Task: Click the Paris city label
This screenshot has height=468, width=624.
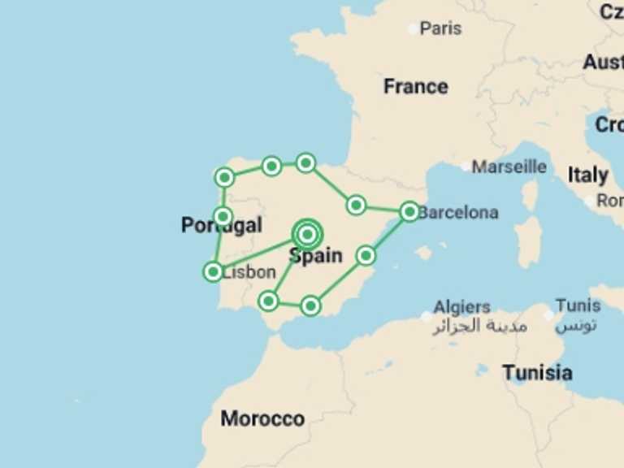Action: click(x=440, y=28)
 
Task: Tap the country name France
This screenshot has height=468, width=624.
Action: click(x=415, y=86)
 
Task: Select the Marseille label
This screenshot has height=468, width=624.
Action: click(x=509, y=167)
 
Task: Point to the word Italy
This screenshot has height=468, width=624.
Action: click(x=587, y=175)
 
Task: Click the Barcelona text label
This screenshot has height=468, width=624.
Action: click(x=458, y=213)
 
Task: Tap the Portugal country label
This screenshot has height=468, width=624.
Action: click(x=221, y=225)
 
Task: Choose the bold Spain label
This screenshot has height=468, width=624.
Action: click(x=315, y=256)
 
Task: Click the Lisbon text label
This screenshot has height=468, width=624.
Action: click(x=249, y=272)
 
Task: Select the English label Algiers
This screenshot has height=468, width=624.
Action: click(x=461, y=307)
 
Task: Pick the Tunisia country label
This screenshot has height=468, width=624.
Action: click(x=536, y=373)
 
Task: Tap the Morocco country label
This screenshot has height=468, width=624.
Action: click(x=262, y=419)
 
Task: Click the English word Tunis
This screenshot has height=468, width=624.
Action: click(x=578, y=306)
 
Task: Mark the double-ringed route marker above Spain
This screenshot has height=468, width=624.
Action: click(x=307, y=235)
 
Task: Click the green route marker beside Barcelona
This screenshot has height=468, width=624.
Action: click(x=409, y=211)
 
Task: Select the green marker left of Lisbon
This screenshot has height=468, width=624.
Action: click(x=213, y=271)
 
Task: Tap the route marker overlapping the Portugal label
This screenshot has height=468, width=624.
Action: click(x=223, y=216)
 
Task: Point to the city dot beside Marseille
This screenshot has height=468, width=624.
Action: click(x=466, y=167)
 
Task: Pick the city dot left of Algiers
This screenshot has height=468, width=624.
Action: click(x=427, y=315)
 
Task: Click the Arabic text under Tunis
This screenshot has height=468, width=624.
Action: click(x=576, y=325)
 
